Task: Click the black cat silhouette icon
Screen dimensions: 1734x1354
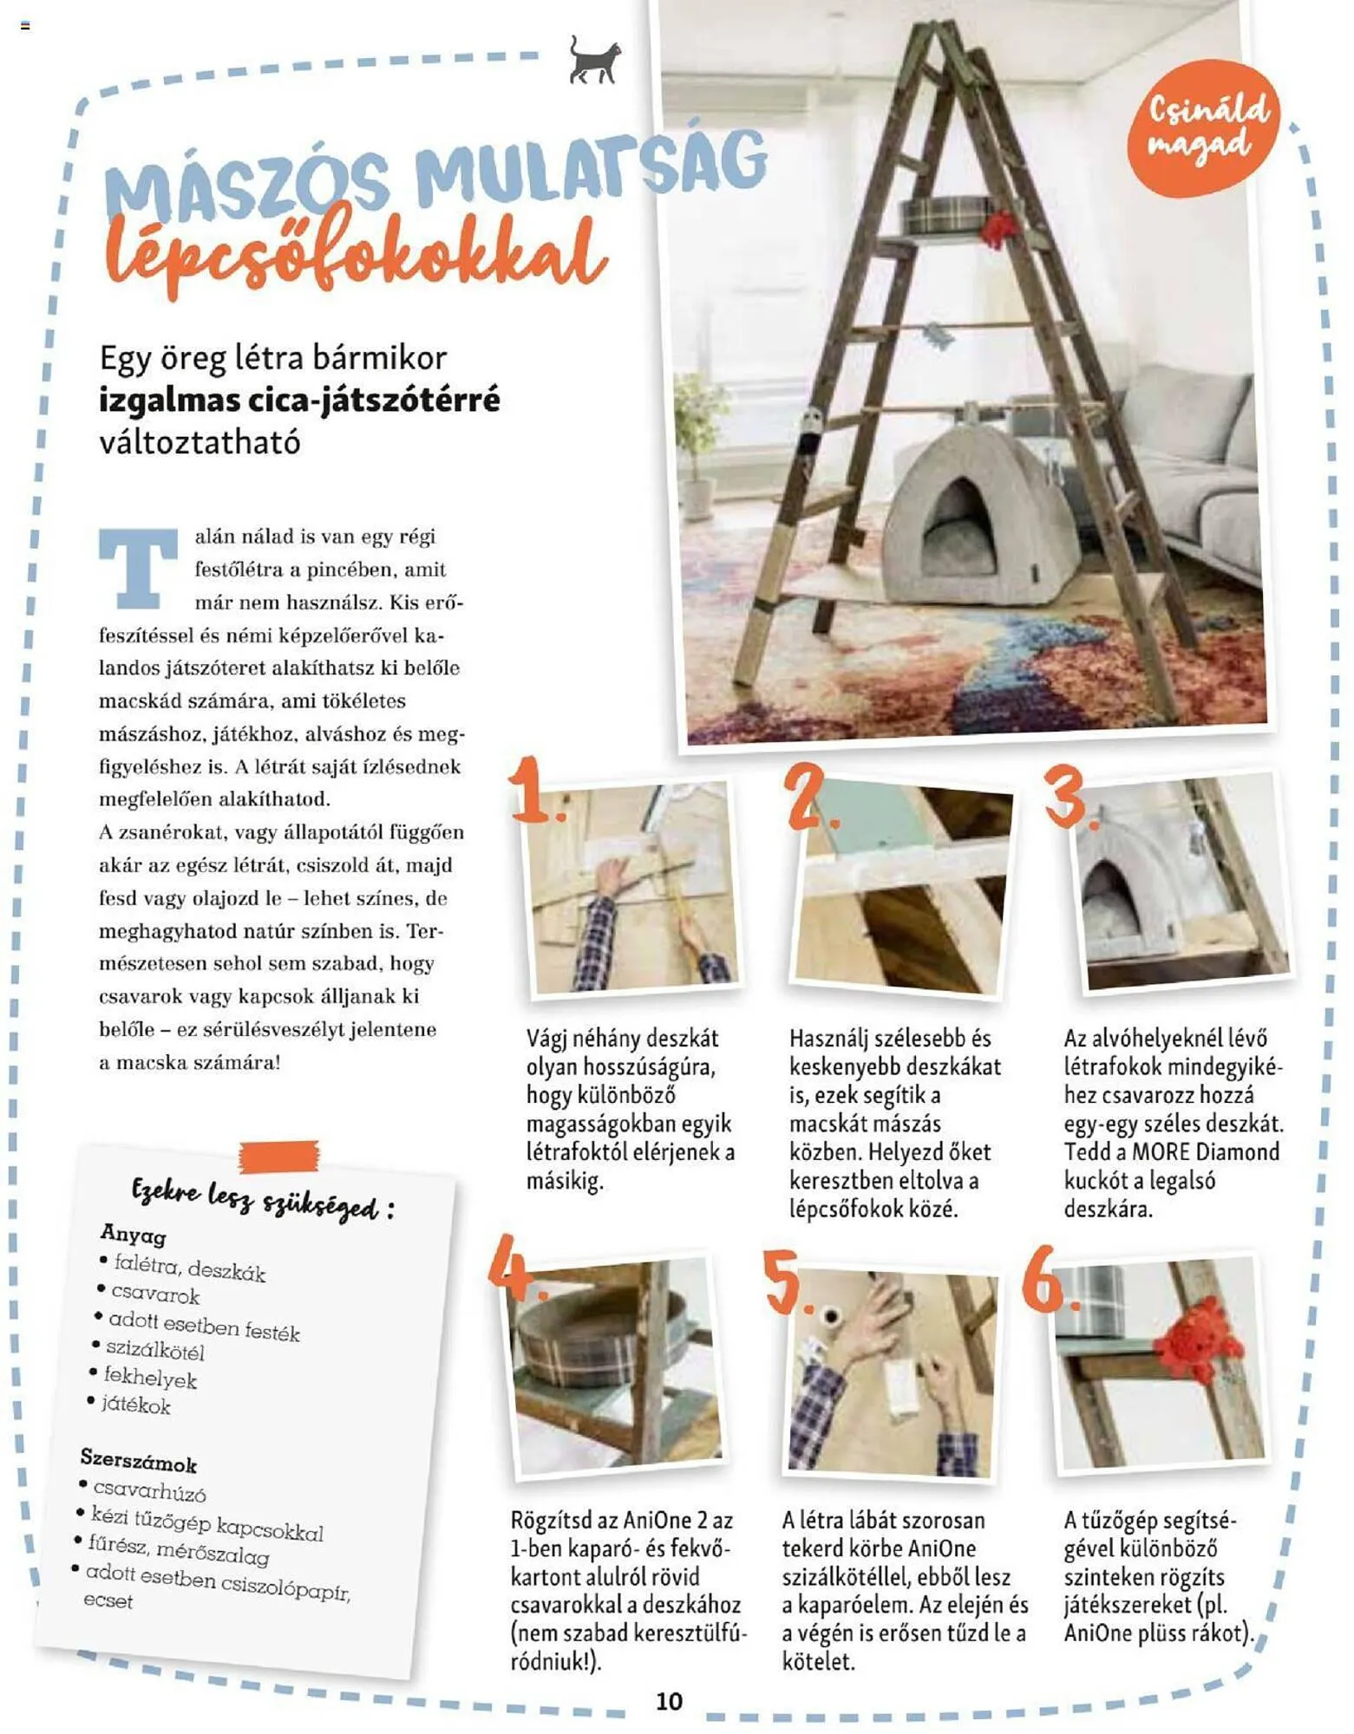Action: coord(595,61)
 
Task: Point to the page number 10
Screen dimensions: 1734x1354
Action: coord(668,1701)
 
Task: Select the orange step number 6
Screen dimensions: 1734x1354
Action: coord(1047,1281)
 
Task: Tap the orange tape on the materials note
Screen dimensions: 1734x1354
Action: coord(279,1156)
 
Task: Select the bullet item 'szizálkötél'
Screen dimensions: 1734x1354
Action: coord(155,1349)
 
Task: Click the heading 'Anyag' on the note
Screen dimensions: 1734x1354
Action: coord(133,1233)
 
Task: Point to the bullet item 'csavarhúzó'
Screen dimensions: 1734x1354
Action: coord(149,1491)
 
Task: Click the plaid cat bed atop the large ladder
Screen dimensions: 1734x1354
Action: coord(945,213)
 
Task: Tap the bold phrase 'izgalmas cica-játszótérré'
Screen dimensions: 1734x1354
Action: coord(299,401)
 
